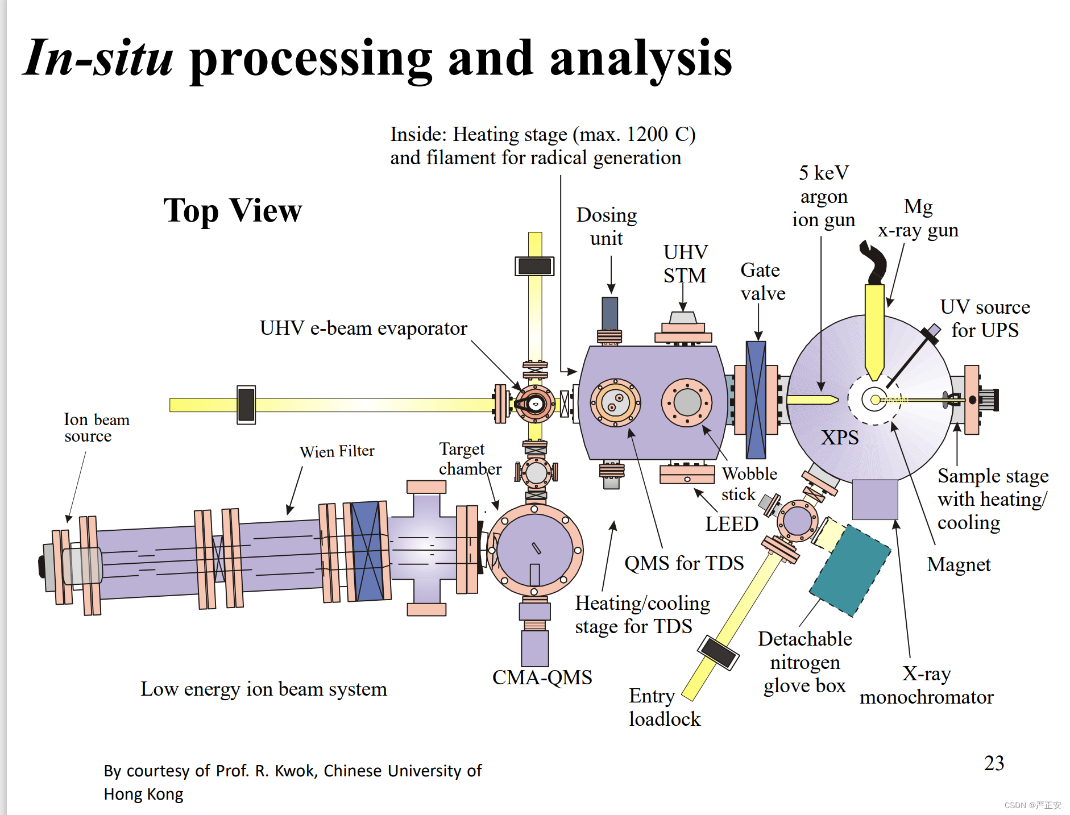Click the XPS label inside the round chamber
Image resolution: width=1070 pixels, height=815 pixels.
[x=839, y=437]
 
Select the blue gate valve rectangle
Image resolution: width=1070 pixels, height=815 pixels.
[x=756, y=400]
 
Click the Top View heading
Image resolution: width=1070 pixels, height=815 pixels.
[x=233, y=210]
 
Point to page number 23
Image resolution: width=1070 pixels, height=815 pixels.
[x=994, y=763]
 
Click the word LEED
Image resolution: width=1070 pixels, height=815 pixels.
[x=731, y=523]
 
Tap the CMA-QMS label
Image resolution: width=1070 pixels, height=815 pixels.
[x=542, y=677]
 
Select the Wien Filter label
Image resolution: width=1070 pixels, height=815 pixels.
[x=337, y=451]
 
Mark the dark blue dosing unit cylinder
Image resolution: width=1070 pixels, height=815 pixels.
[x=609, y=313]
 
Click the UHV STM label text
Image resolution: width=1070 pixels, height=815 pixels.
[x=685, y=264]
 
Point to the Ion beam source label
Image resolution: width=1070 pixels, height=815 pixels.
[x=96, y=427]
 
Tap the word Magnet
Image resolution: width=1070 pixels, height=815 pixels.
[x=959, y=564]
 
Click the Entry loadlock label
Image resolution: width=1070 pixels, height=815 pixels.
[x=663, y=707]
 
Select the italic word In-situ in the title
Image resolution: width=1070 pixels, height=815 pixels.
[x=98, y=58]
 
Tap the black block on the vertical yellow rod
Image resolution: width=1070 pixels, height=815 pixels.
[x=534, y=266]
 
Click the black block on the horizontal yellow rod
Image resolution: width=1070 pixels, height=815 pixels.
[x=246, y=405]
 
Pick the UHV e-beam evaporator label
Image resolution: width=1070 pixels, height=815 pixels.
[x=363, y=328]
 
